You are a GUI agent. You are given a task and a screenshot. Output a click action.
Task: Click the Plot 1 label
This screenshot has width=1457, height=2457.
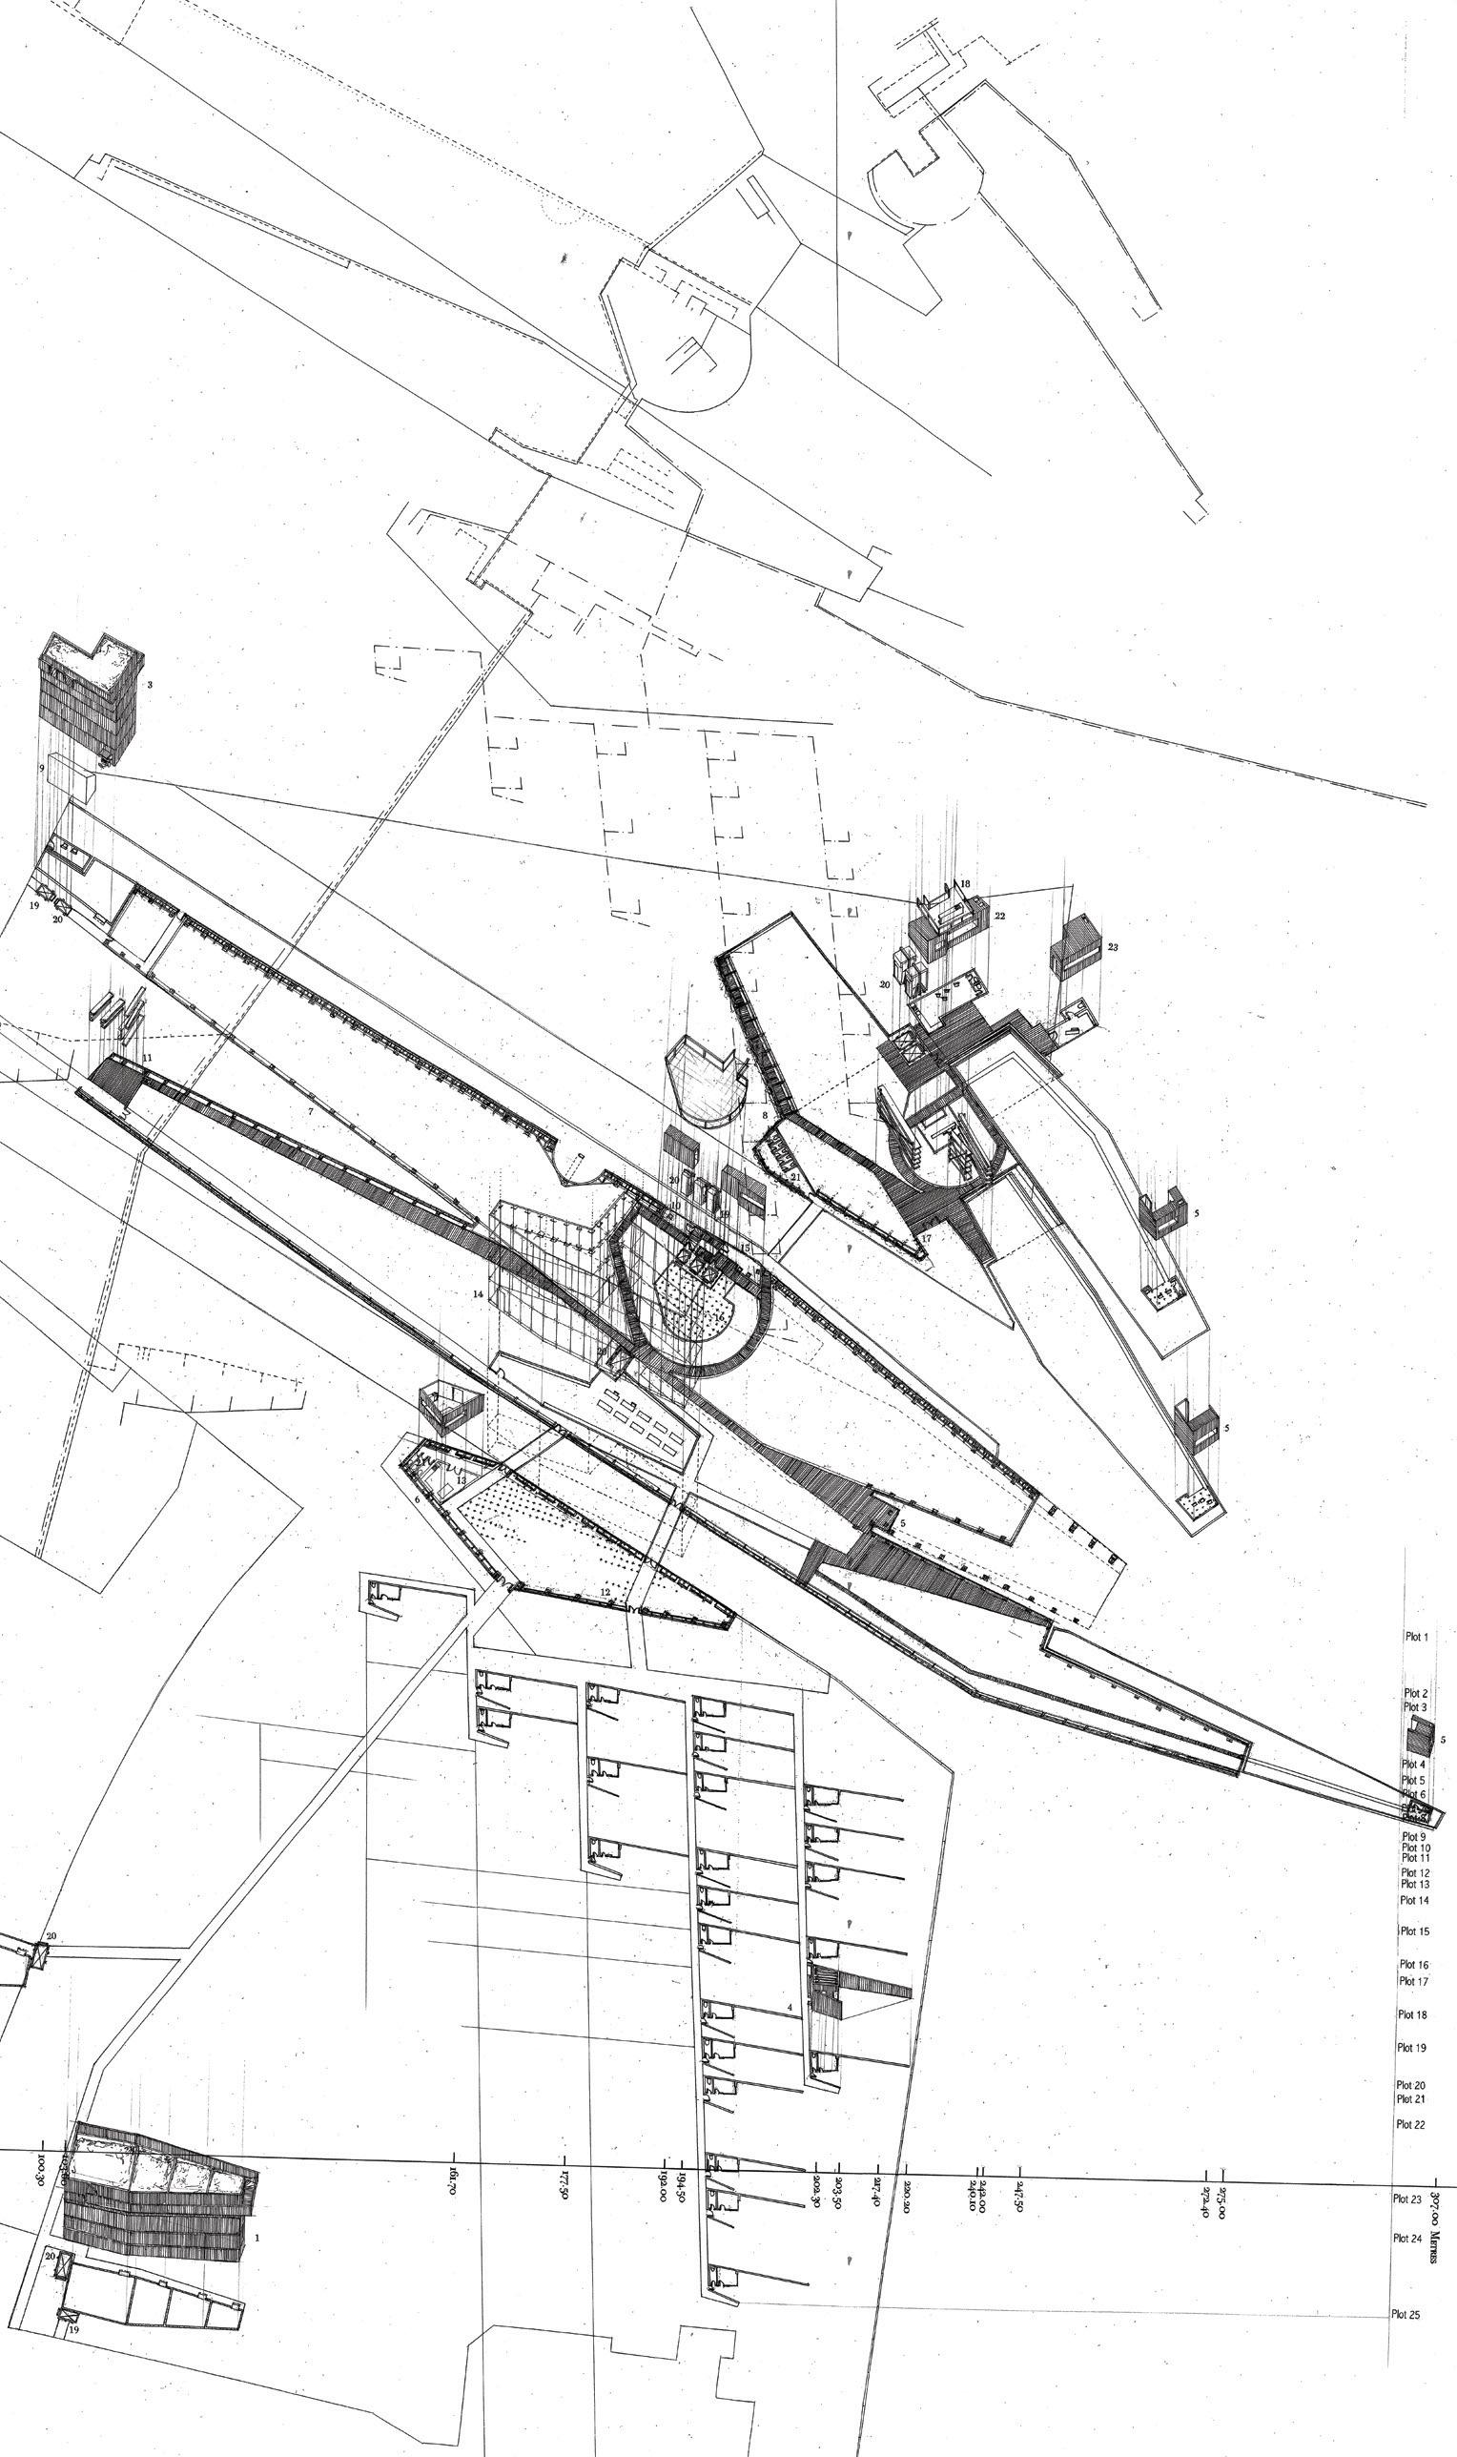coord(1417,1638)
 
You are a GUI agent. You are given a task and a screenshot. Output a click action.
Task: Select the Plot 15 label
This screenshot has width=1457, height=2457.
coord(1415,1931)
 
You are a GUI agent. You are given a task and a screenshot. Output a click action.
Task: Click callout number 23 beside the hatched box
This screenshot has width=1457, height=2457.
coord(1113,948)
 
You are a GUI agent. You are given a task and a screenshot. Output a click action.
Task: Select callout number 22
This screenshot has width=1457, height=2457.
coord(1000,915)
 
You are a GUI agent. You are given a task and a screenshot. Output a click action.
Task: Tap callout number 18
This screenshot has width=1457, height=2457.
coord(965,884)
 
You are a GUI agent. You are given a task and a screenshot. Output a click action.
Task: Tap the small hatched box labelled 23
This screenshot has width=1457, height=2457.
coord(1073,958)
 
